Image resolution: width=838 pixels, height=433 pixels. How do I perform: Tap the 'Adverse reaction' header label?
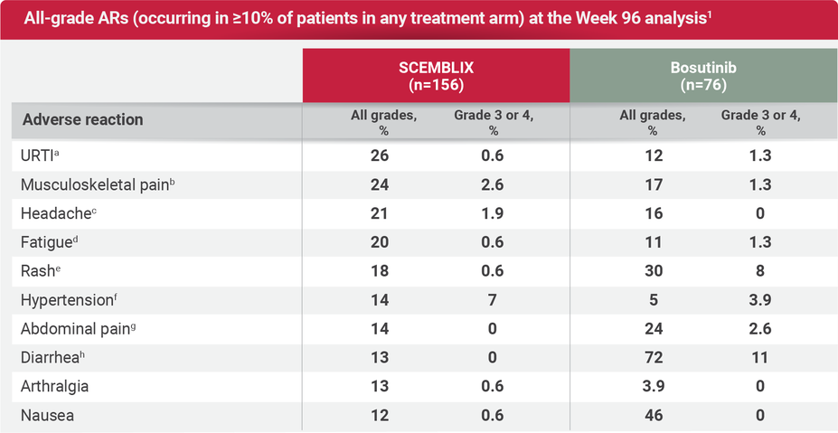(x=82, y=120)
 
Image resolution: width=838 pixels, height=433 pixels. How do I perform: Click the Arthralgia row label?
(x=56, y=387)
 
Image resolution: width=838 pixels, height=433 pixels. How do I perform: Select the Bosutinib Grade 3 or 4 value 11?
(x=760, y=358)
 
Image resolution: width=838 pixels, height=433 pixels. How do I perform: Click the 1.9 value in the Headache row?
(x=494, y=213)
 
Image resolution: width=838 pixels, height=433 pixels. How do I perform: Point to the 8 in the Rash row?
(x=760, y=271)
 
